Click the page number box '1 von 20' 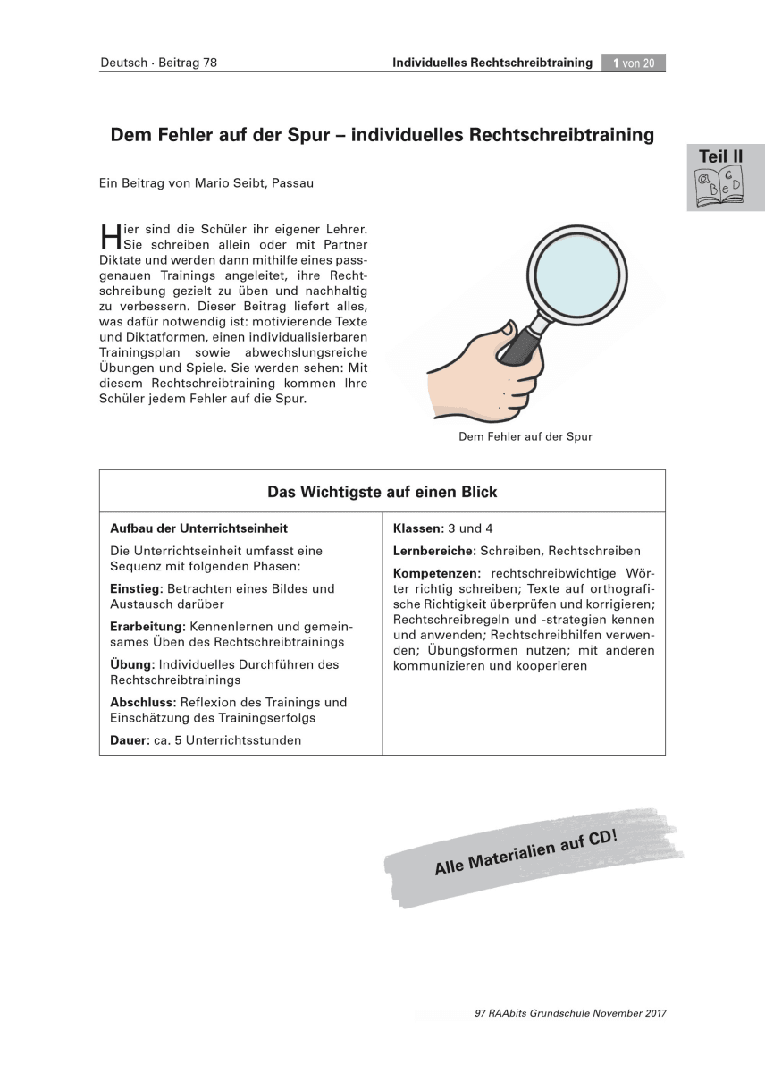pyautogui.click(x=634, y=63)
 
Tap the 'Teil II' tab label pyautogui.click(x=721, y=156)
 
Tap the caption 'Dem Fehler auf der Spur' pyautogui.click(x=525, y=437)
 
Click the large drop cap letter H pyautogui.click(x=110, y=236)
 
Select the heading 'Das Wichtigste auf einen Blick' pyautogui.click(x=382, y=492)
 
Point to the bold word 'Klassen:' pyautogui.click(x=418, y=528)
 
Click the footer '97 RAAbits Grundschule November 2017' pyautogui.click(x=571, y=1013)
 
